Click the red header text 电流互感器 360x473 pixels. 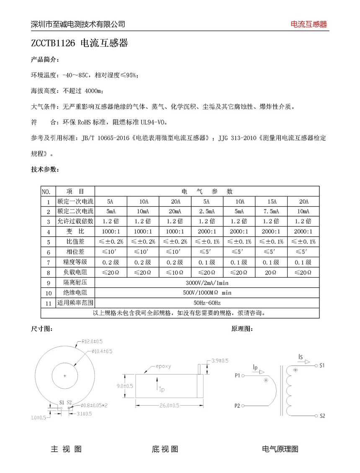(309, 24)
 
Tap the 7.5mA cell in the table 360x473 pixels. (270, 211)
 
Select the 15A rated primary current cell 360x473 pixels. (270, 201)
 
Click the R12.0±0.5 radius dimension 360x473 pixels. (91, 341)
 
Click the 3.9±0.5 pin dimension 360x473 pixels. (220, 360)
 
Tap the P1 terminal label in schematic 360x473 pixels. (237, 376)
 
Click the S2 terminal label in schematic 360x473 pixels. (322, 416)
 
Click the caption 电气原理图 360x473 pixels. (280, 449)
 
